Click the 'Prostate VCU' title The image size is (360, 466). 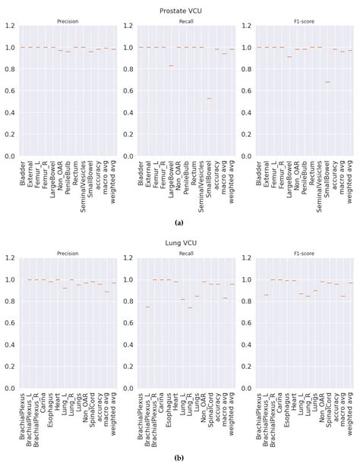(180, 9)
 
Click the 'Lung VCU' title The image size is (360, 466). (180, 241)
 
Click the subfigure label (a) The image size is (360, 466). (179, 222)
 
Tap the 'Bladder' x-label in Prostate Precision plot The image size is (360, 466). (24, 173)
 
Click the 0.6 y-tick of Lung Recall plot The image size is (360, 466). (128, 334)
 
